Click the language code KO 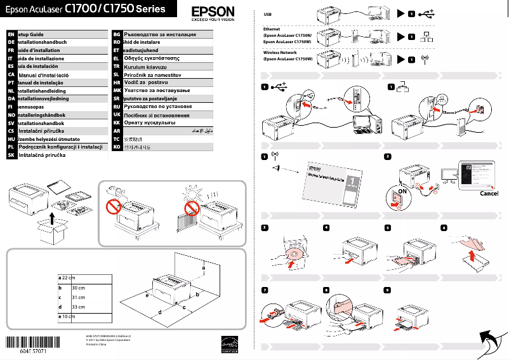(x=116, y=147)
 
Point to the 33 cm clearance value (x=79, y=307)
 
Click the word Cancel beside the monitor (x=489, y=194)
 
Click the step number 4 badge (x=326, y=227)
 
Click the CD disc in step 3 (x=290, y=257)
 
